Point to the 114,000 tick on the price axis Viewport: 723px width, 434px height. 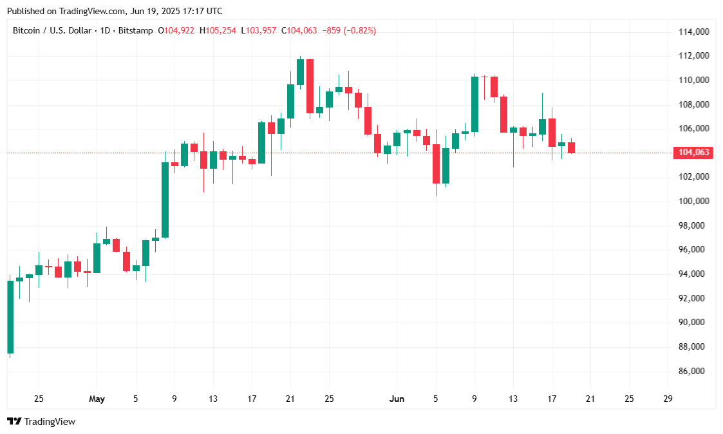point(694,32)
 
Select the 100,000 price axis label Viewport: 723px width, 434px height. point(694,201)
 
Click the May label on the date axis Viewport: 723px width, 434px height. point(97,399)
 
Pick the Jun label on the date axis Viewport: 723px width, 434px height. point(397,399)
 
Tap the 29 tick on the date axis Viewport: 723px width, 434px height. point(668,399)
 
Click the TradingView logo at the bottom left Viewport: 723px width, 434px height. point(41,422)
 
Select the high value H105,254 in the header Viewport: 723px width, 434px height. point(218,30)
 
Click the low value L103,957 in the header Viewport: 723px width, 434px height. point(261,30)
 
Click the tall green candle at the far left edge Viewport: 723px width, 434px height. point(10,317)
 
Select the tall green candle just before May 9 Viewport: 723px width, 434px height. point(165,200)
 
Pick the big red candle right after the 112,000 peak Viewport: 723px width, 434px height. point(310,86)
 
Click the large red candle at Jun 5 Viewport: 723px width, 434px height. point(436,164)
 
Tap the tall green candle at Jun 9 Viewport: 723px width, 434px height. point(474,104)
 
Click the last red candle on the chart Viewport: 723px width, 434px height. point(571,147)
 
